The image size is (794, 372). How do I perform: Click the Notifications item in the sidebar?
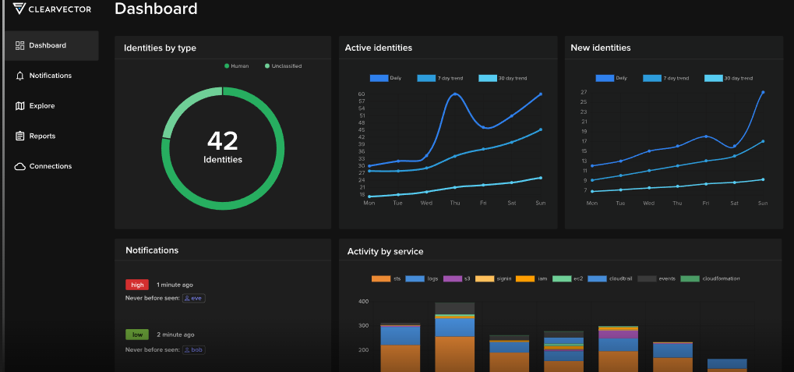[50, 76]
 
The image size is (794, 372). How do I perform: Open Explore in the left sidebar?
[41, 106]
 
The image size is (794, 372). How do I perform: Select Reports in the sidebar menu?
[42, 136]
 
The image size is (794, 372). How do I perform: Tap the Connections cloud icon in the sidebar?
[20, 166]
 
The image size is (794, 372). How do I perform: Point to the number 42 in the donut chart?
[223, 141]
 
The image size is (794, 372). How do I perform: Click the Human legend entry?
[237, 66]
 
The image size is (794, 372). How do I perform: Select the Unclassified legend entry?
[283, 66]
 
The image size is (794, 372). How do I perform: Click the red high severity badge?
[137, 285]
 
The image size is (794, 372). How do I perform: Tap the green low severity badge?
[137, 335]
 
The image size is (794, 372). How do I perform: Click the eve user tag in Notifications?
[193, 298]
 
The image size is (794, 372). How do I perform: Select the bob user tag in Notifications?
[194, 350]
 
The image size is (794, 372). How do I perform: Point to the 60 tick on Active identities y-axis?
[362, 94]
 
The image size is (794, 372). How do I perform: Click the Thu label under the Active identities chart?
[455, 203]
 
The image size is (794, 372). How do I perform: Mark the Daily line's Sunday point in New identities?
[763, 92]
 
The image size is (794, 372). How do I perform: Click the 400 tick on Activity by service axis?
[363, 301]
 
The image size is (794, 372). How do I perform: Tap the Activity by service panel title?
[385, 251]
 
